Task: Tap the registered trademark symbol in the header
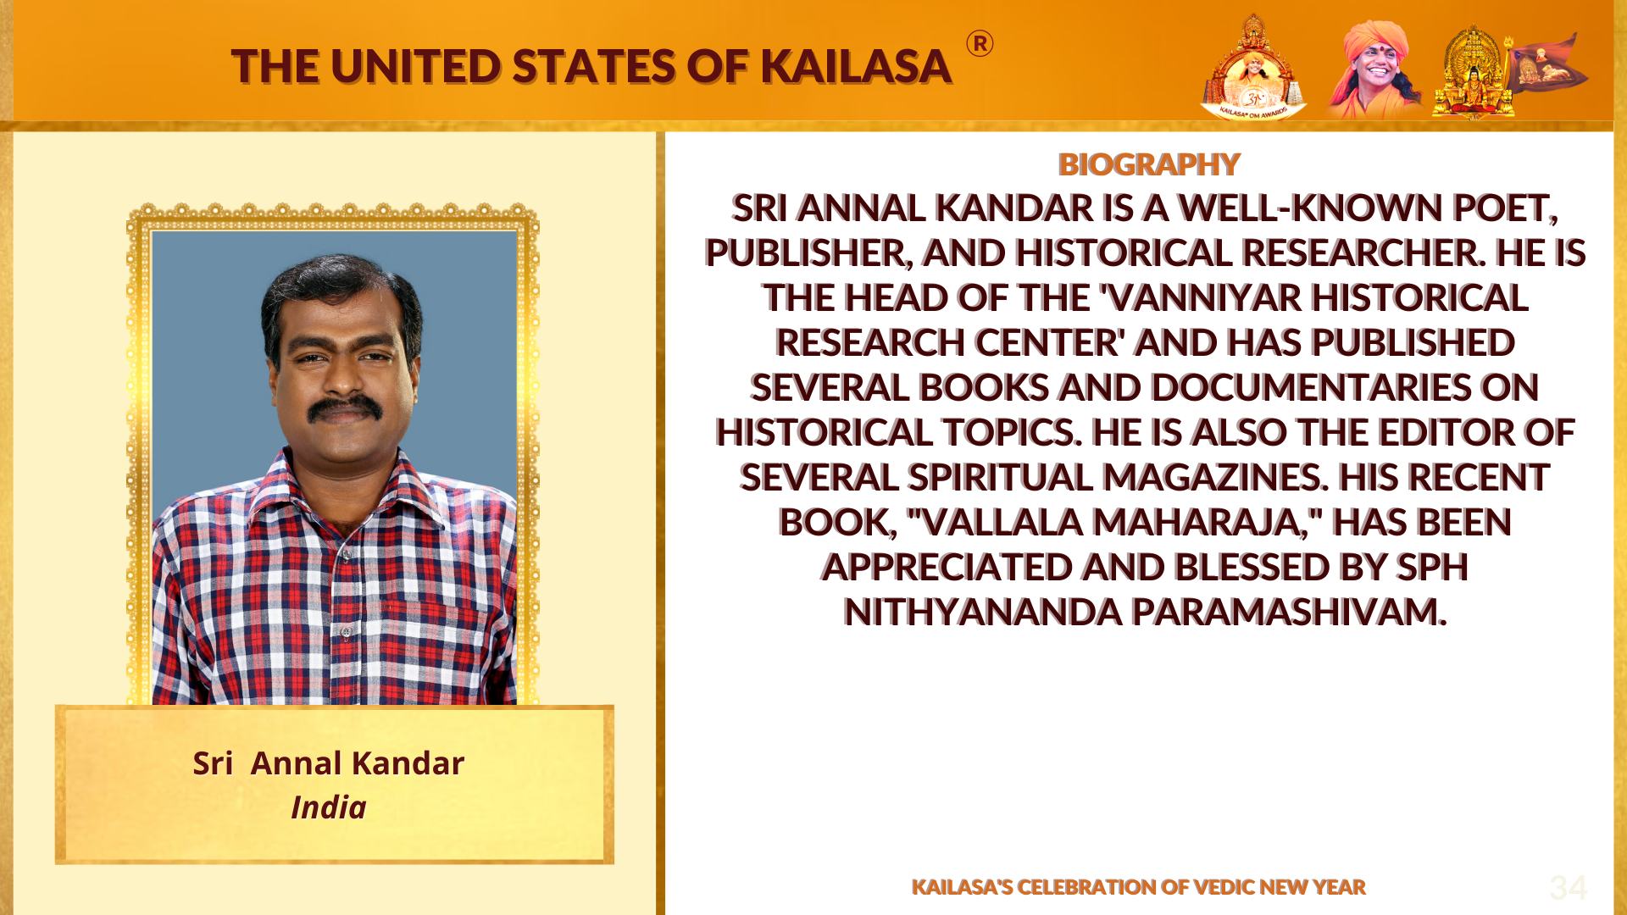click(980, 44)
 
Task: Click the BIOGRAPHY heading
click(1149, 164)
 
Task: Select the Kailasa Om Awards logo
click(1253, 66)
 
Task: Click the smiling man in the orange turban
click(1374, 68)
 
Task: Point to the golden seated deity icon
click(1474, 71)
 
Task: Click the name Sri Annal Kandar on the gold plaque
click(329, 763)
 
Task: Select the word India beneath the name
click(329, 807)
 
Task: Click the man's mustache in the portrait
click(342, 408)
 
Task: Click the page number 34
click(1568, 888)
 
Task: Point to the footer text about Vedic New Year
click(1139, 887)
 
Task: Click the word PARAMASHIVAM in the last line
click(1288, 612)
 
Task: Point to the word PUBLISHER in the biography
click(808, 252)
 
